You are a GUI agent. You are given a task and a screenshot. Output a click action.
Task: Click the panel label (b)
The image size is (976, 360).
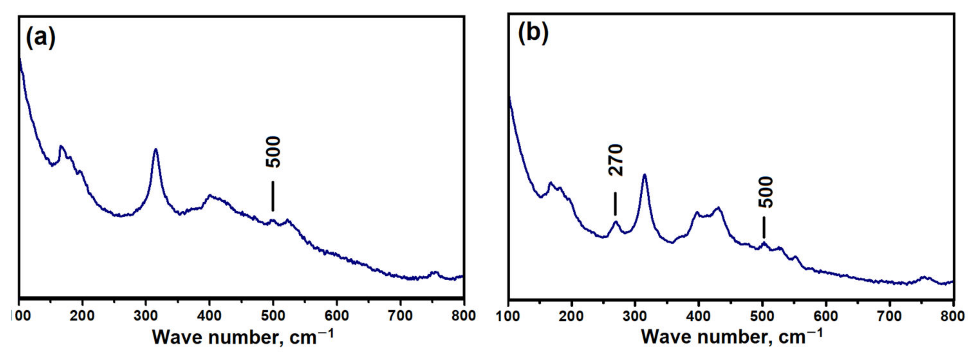pyautogui.click(x=533, y=33)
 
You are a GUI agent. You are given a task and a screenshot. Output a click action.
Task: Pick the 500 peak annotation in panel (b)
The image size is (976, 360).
pyautogui.click(x=765, y=192)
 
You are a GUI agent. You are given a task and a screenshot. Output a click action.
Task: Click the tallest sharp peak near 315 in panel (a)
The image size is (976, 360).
pyautogui.click(x=155, y=150)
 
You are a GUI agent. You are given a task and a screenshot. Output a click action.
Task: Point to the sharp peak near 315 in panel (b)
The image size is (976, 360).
pyautogui.click(x=645, y=175)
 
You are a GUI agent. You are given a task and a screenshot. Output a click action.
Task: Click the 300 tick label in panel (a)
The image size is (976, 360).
pyautogui.click(x=145, y=316)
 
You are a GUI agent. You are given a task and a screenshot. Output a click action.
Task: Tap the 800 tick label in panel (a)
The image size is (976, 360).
pyautogui.click(x=463, y=316)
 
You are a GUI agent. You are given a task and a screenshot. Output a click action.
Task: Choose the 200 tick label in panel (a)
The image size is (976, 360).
pyautogui.click(x=82, y=316)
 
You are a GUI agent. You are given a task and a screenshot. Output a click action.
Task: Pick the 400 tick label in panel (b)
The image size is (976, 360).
pyautogui.click(x=699, y=316)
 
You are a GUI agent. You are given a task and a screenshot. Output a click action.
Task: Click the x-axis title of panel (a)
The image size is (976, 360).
pyautogui.click(x=243, y=337)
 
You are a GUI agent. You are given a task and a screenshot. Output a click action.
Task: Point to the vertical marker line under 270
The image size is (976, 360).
pyautogui.click(x=615, y=204)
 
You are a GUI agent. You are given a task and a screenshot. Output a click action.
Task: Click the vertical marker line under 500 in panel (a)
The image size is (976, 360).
pyautogui.click(x=273, y=196)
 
